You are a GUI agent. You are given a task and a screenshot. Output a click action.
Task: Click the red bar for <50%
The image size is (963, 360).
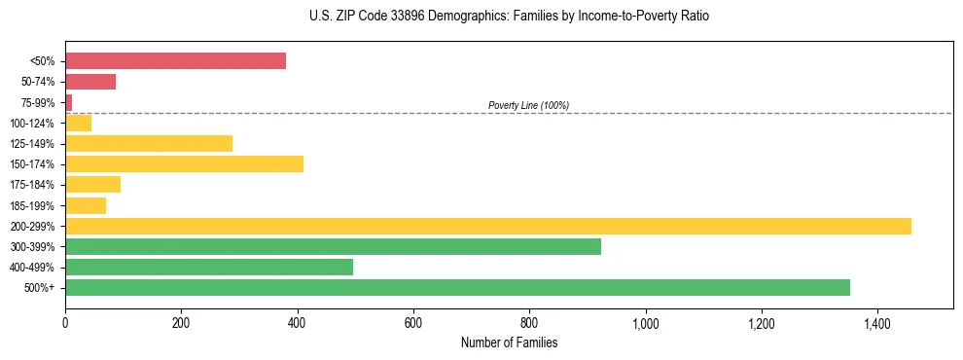(x=175, y=61)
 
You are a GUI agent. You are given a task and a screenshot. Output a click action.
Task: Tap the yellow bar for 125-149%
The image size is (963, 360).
(x=149, y=144)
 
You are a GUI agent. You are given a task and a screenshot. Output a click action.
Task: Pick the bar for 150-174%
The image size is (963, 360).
(x=184, y=164)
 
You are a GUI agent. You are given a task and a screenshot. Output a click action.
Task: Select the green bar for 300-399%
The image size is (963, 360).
(x=333, y=246)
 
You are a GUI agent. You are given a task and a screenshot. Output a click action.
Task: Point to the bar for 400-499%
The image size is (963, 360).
(x=209, y=267)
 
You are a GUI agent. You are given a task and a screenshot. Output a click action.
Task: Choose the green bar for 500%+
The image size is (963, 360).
(x=457, y=287)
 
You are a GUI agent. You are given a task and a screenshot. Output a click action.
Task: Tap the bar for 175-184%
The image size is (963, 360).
(x=92, y=185)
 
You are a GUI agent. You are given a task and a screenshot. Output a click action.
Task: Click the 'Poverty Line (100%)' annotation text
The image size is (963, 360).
(x=528, y=105)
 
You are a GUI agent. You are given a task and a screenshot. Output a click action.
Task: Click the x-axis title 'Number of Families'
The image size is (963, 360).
(x=509, y=343)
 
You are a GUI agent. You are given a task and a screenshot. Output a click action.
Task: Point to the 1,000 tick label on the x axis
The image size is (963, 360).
(x=645, y=323)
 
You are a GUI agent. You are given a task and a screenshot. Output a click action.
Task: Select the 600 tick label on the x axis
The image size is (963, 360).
(x=413, y=323)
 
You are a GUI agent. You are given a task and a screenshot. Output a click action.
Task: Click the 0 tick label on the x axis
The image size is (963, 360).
(x=65, y=323)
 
